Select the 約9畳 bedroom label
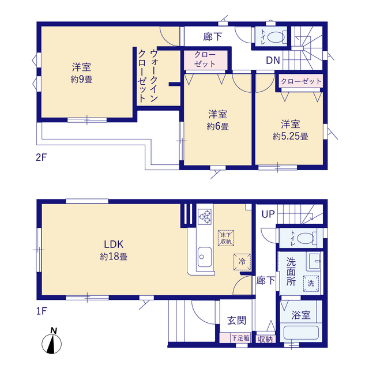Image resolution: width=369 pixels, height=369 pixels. (81, 73)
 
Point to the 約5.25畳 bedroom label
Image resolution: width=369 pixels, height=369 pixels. (290, 130)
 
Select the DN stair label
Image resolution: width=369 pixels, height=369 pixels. (273, 59)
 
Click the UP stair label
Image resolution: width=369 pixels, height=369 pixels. (268, 214)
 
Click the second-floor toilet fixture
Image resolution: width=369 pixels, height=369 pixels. (273, 36)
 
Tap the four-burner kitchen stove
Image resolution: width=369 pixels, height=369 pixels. (205, 216)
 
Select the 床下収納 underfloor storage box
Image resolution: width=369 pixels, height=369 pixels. (225, 238)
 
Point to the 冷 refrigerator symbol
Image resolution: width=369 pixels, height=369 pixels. (241, 261)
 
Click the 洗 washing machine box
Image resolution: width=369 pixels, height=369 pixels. (310, 283)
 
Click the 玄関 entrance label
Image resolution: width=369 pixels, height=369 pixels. (235, 320)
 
